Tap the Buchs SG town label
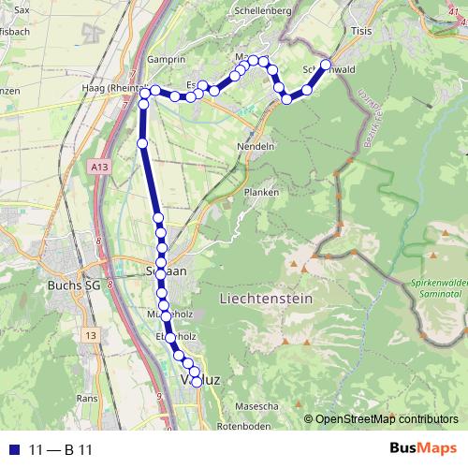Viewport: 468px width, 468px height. pyautogui.click(x=74, y=285)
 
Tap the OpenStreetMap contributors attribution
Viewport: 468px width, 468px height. pyautogui.click(x=381, y=419)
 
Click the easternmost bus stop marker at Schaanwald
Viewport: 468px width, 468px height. pyautogui.click(x=327, y=65)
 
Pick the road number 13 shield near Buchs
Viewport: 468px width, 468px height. pyautogui.click(x=90, y=334)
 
